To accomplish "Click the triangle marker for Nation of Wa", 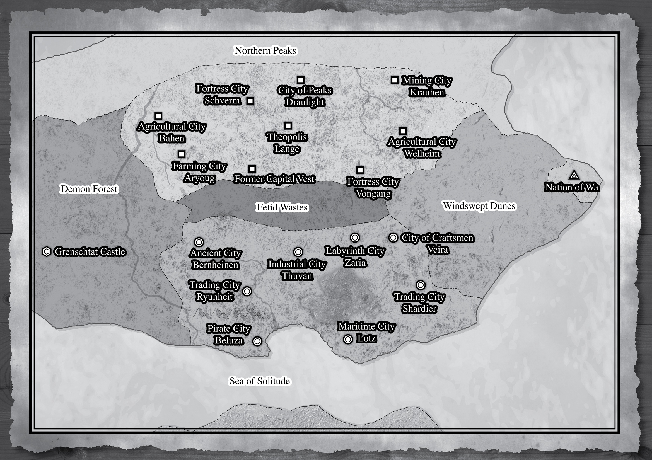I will (574, 175).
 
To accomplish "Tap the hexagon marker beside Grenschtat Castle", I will (47, 251).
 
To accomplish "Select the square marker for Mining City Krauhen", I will (394, 80).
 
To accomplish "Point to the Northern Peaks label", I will (265, 50).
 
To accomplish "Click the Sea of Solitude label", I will (260, 381).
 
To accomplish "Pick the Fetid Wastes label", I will (282, 207).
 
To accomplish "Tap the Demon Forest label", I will (89, 189).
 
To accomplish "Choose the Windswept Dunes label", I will (479, 206).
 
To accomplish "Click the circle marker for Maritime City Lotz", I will (348, 339).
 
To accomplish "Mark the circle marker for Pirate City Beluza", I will (257, 341).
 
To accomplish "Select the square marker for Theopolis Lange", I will (288, 125).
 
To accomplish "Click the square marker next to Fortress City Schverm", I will (250, 101).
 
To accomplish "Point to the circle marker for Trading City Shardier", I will (421, 285).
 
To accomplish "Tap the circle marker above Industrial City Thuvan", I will (298, 252).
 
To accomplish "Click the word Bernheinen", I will (216, 265).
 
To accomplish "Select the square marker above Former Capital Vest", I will (252, 169).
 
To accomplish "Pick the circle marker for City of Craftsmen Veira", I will (393, 238).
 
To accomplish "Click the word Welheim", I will (422, 154).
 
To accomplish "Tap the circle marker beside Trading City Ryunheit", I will (247, 291).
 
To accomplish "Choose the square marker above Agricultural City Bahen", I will (158, 116).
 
